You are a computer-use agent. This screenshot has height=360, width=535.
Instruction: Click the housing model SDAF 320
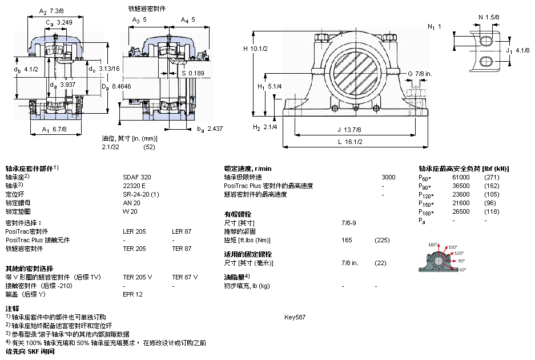click(137, 177)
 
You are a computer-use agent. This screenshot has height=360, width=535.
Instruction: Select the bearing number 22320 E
click(134, 186)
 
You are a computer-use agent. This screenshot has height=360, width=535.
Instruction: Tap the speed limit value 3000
click(388, 177)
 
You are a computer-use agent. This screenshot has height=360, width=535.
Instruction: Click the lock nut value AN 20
click(131, 203)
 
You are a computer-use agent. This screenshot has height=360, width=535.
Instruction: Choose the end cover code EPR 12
click(132, 294)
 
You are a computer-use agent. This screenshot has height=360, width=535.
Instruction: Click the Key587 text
click(295, 317)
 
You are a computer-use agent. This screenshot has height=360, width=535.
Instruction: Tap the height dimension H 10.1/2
click(256, 49)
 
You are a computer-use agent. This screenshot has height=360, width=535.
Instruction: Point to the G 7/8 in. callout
click(420, 74)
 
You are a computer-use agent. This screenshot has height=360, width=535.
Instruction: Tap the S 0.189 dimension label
click(192, 73)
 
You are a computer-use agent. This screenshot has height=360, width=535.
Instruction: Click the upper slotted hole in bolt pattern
click(487, 41)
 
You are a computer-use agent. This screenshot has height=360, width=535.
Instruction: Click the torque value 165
click(347, 240)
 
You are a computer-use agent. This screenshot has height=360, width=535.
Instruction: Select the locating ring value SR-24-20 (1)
click(141, 194)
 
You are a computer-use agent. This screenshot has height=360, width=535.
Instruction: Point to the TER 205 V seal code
click(138, 277)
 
